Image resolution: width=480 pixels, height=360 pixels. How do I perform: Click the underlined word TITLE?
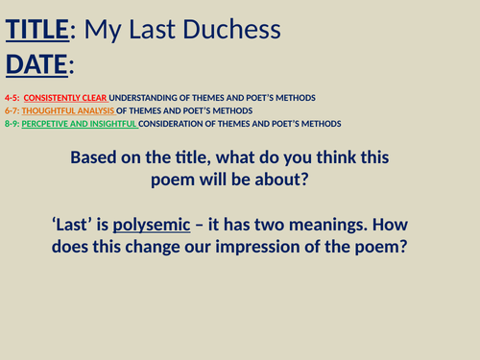point(37,30)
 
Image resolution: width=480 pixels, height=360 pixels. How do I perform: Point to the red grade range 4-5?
point(11,98)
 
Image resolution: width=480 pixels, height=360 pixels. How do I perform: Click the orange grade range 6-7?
point(11,110)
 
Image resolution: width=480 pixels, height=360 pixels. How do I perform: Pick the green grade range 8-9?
point(11,123)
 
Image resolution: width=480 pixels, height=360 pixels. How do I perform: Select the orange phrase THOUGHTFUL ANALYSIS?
point(66,110)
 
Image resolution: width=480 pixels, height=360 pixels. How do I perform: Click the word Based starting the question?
point(99,156)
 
